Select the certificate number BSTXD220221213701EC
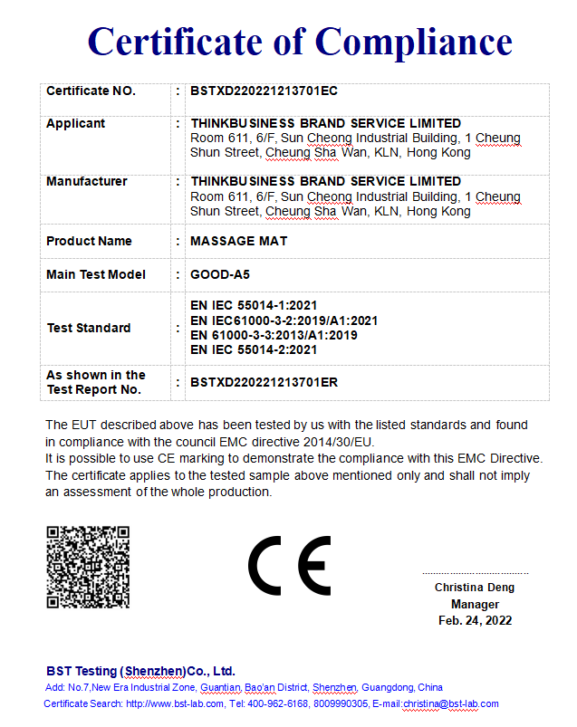point(264,91)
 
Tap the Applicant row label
point(76,123)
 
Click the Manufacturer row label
point(87,181)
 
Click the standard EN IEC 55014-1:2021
point(254,306)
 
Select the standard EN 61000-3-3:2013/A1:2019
point(274,335)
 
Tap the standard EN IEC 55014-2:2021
point(254,349)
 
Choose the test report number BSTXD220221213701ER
point(264,382)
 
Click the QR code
point(88,566)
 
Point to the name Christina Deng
point(474,588)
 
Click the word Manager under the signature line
point(475,604)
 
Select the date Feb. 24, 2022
point(475,620)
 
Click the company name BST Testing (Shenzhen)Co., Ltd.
point(140,671)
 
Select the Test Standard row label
point(89,328)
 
